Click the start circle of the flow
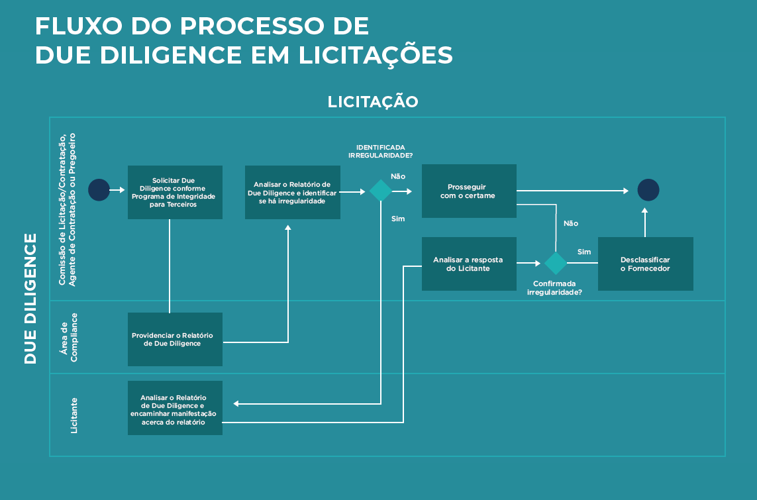tap(99, 190)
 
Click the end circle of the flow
tap(648, 190)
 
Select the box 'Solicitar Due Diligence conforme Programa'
tap(175, 192)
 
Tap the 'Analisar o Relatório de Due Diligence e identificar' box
tap(292, 192)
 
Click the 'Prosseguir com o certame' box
tap(469, 191)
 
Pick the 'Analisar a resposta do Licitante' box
tap(469, 264)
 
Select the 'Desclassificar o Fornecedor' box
tap(645, 264)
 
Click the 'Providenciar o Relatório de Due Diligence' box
tap(175, 339)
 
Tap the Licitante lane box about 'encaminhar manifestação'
tap(175, 408)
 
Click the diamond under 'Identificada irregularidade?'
tap(381, 191)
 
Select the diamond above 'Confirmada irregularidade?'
tap(555, 263)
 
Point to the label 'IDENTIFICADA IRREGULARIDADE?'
tap(381, 151)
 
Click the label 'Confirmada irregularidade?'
tap(554, 287)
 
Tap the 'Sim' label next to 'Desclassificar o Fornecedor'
tap(584, 252)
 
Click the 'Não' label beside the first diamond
tap(398, 176)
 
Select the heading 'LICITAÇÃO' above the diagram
tap(373, 101)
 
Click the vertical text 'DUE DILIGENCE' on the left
tap(30, 298)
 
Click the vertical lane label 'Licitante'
tap(74, 415)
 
